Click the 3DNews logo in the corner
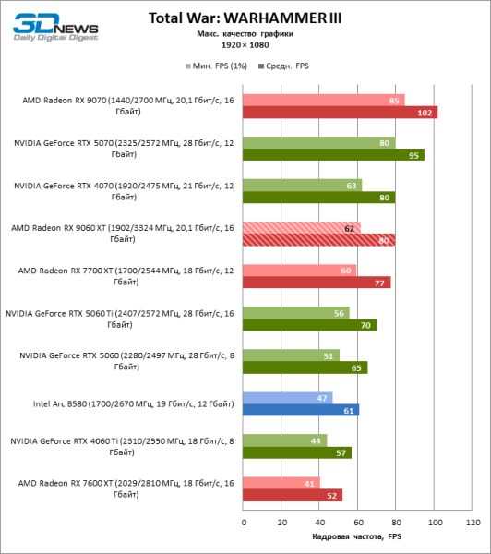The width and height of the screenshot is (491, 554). click(x=46, y=29)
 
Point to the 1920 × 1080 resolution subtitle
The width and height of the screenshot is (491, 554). click(x=245, y=43)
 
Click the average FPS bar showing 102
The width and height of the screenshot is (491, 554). click(x=340, y=113)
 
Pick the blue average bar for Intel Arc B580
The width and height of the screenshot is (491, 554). click(x=301, y=410)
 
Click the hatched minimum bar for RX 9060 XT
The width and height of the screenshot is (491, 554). click(x=301, y=227)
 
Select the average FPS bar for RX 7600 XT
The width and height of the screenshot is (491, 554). click(x=293, y=495)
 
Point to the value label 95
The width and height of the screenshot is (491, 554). click(x=416, y=155)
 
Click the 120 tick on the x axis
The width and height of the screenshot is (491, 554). click(x=473, y=523)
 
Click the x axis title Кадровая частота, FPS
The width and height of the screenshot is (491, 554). click(x=357, y=537)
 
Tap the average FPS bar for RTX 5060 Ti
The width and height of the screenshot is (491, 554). click(x=310, y=325)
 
